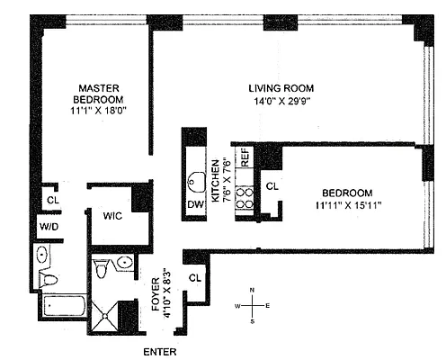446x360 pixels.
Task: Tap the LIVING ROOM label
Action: (x=281, y=87)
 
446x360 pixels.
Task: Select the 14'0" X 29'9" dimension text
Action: (x=281, y=103)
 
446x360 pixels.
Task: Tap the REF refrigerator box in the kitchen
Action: (x=244, y=157)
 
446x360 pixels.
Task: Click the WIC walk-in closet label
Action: (x=112, y=216)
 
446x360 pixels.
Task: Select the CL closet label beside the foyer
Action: (x=195, y=279)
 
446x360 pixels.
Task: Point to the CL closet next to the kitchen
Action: (x=272, y=187)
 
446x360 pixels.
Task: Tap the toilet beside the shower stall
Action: (x=103, y=268)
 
